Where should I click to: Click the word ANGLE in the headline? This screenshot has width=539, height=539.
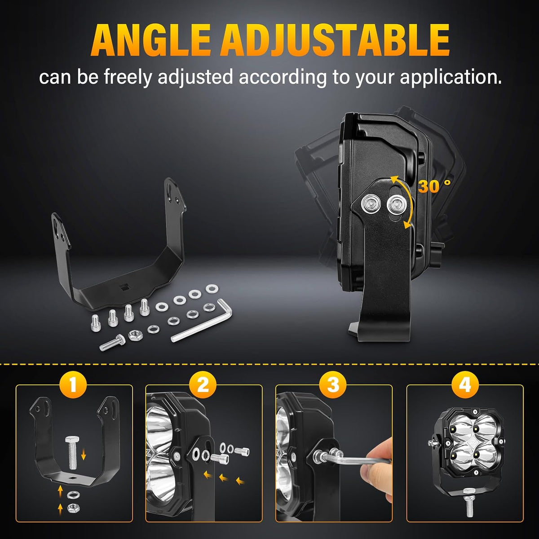(x=150, y=40)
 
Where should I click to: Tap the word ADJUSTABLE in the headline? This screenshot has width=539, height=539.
(x=335, y=40)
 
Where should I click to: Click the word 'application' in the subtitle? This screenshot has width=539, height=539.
(x=451, y=78)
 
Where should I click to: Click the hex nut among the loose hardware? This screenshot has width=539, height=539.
(x=135, y=335)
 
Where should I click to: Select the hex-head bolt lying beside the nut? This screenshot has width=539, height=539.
(x=112, y=342)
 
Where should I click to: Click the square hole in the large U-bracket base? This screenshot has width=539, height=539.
(x=124, y=287)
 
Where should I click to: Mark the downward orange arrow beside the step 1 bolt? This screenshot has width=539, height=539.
(x=84, y=456)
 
